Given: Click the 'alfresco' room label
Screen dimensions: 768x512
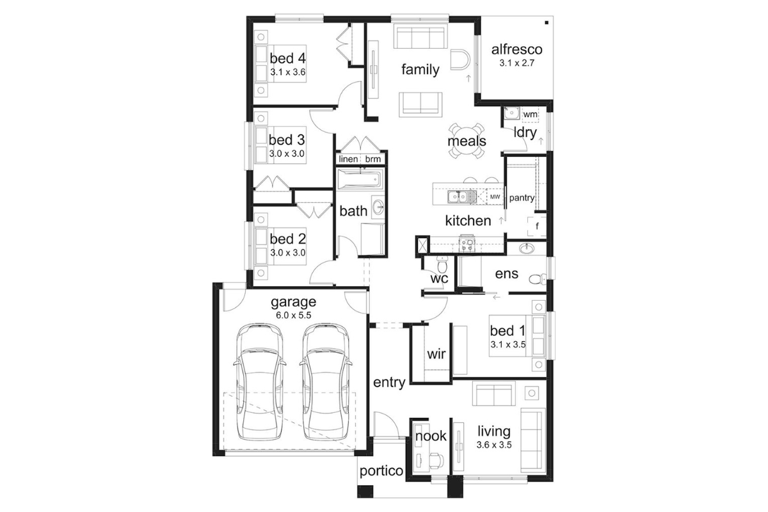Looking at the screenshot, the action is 516,50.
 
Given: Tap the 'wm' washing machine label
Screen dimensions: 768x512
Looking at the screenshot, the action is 530,114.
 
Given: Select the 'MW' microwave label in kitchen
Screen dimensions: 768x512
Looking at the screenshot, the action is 495,197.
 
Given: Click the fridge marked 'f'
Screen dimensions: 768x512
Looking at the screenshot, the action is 537,227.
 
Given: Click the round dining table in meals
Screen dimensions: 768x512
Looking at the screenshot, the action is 467,141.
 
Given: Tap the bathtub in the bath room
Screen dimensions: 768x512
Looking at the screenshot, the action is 359,179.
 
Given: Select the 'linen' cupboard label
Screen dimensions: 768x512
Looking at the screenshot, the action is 348,159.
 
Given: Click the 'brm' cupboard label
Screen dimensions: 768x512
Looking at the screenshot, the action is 372,159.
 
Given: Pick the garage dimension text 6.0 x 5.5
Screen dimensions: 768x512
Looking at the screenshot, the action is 294,315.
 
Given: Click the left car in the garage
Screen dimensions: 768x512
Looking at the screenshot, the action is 260,381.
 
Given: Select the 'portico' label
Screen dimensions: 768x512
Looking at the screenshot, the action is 381,471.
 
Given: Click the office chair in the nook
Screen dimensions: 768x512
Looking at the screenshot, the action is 436,460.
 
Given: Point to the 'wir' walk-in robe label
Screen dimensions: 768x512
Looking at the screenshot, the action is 436,353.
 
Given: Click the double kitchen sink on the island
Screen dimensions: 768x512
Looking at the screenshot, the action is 462,197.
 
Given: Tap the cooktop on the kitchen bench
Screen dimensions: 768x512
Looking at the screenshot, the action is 467,244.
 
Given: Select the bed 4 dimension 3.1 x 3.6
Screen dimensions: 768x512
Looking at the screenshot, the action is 288,72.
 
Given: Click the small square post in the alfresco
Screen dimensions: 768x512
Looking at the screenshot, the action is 547,23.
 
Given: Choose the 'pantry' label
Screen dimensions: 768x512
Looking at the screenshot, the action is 522,198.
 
